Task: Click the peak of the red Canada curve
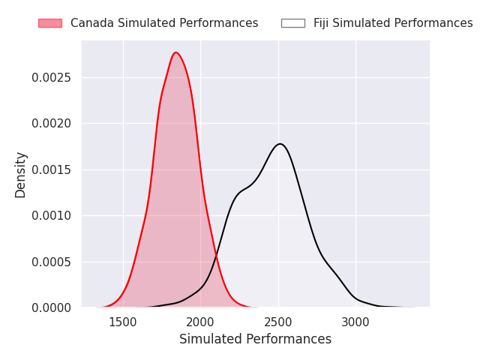coord(176,52)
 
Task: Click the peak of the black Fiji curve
coord(280,144)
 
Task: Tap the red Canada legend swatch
coord(50,23)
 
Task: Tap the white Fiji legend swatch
coord(292,23)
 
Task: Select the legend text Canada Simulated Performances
coord(164,23)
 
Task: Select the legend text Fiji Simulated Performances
coord(393,23)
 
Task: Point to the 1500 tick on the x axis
coord(123,322)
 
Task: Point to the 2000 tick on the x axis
coord(200,322)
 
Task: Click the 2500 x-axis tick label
coord(278,322)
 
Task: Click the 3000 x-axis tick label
coord(355,322)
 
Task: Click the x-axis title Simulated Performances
coord(255,339)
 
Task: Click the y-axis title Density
coord(21,174)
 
